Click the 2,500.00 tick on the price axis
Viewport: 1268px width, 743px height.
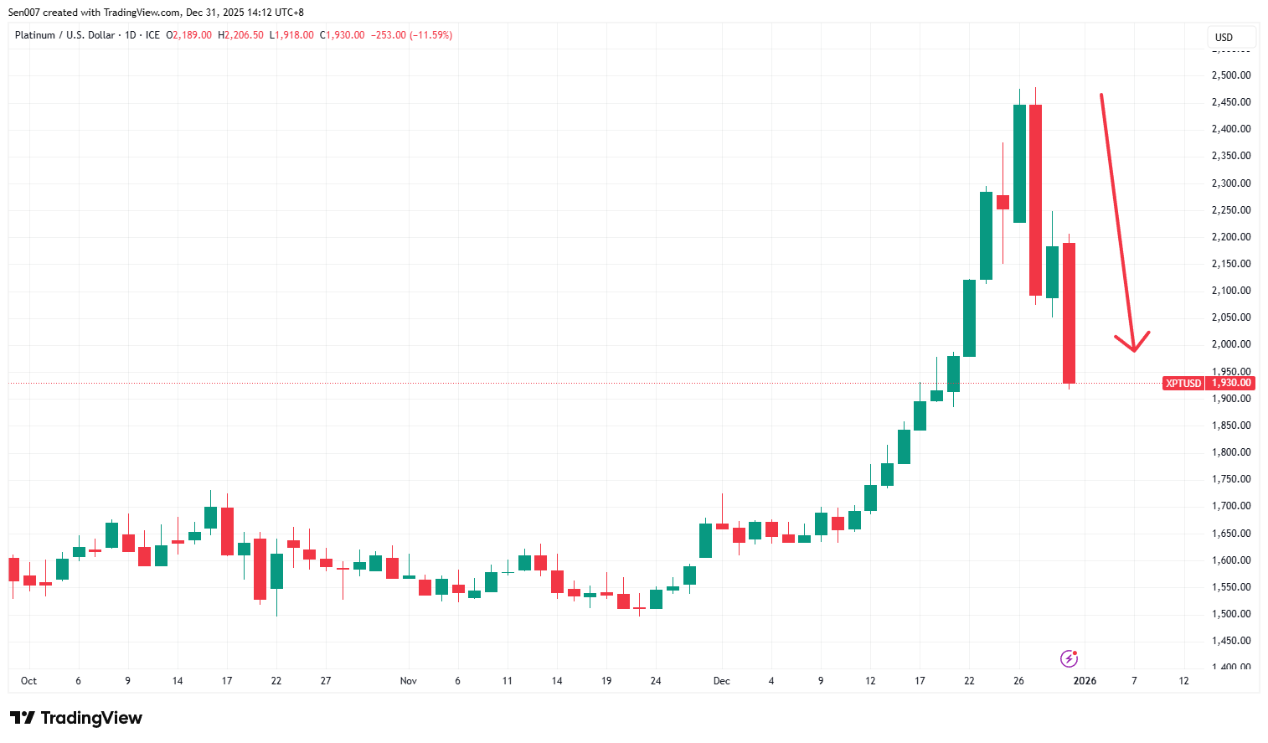pyautogui.click(x=1230, y=75)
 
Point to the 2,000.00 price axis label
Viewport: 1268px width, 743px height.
pyautogui.click(x=1230, y=344)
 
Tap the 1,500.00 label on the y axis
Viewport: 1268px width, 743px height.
pyautogui.click(x=1230, y=614)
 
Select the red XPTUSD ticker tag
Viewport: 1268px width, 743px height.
pyautogui.click(x=1183, y=383)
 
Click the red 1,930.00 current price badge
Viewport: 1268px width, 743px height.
pyautogui.click(x=1231, y=383)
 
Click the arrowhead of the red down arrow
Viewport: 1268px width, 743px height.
pyautogui.click(x=1134, y=348)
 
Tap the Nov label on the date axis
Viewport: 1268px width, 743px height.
pyautogui.click(x=408, y=681)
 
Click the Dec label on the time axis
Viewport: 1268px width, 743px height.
pyautogui.click(x=721, y=681)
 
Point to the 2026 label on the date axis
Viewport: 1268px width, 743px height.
pyautogui.click(x=1085, y=681)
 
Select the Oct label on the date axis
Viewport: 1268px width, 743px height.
pyautogui.click(x=28, y=681)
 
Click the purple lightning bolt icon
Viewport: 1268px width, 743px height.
pyautogui.click(x=1069, y=658)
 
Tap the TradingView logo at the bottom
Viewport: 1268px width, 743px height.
pyautogui.click(x=76, y=718)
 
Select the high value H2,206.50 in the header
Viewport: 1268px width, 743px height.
pyautogui.click(x=240, y=35)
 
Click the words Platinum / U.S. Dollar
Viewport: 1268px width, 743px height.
pyautogui.click(x=64, y=35)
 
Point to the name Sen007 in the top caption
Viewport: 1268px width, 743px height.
pyautogui.click(x=23, y=13)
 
